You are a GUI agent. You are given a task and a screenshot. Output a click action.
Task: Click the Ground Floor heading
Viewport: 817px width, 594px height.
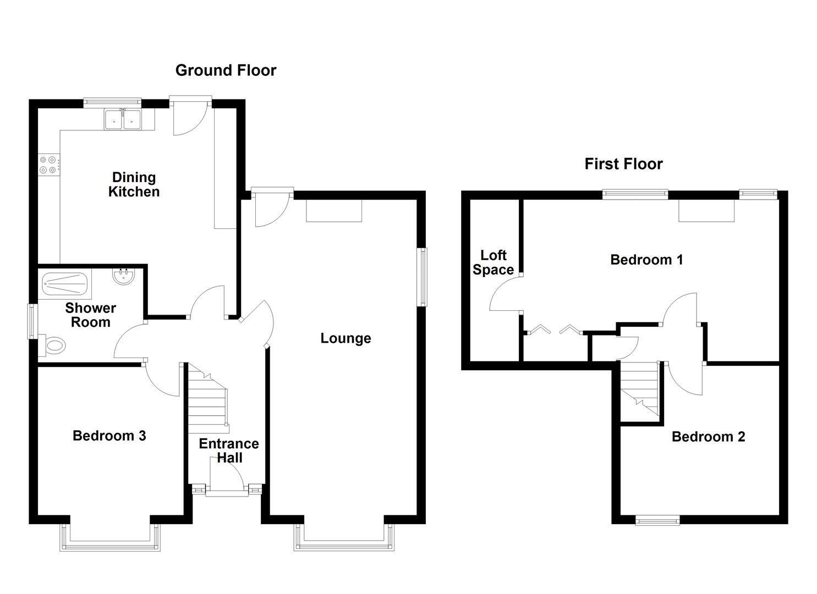pos(226,70)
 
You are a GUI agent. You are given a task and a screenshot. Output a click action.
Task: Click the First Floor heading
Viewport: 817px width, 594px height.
pos(623,164)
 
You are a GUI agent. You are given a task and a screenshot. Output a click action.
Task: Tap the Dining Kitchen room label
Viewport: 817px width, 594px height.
pos(134,184)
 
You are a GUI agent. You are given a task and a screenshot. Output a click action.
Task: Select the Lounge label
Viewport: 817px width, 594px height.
pos(346,338)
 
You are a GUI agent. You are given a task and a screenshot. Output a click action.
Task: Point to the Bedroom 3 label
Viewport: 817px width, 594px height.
pos(109,436)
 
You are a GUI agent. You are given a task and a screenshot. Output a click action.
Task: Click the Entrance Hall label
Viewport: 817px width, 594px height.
pos(229,450)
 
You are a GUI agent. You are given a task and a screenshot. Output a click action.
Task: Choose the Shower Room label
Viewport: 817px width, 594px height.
pos(90,315)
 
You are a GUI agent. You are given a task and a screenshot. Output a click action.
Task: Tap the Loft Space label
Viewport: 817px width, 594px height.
pos(493,262)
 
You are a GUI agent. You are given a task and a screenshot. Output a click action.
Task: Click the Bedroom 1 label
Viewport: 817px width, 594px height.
pos(646,260)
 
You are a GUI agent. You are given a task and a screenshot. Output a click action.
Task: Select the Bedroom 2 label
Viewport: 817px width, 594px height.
pos(708,437)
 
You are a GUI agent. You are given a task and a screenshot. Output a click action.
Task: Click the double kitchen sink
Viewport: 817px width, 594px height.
pos(123,119)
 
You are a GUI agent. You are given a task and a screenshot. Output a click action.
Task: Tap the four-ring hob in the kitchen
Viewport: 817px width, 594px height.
pos(48,164)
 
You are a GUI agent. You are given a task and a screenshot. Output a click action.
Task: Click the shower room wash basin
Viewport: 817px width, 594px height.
pos(124,277)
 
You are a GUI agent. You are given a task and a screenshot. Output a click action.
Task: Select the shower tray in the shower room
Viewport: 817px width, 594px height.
pos(65,284)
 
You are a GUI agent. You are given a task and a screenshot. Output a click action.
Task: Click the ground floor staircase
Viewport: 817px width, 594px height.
pos(208,398)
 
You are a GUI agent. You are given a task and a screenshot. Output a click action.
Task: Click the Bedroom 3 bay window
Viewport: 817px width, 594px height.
pos(110,537)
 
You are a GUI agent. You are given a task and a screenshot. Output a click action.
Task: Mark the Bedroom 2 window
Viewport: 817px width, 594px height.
pos(657,520)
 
